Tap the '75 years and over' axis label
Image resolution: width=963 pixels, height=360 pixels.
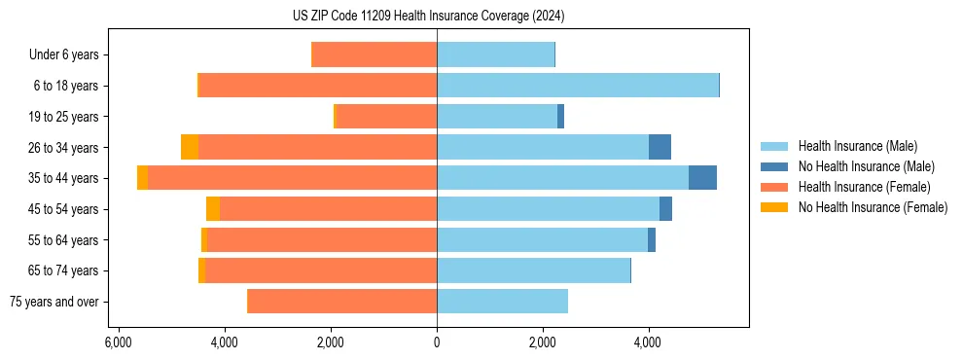(x=53, y=302)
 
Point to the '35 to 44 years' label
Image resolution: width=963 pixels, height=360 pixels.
(x=63, y=178)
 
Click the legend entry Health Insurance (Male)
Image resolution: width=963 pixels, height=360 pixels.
(x=857, y=146)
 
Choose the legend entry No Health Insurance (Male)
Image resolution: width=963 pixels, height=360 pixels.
(x=866, y=166)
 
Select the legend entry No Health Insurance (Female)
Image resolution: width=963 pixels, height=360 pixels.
(x=873, y=207)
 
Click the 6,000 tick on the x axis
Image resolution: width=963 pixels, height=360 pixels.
(x=118, y=343)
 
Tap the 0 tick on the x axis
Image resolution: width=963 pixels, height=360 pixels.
(x=437, y=343)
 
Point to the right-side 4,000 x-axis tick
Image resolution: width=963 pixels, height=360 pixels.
(x=649, y=343)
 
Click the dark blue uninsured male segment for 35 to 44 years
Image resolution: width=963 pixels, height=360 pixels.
(x=702, y=178)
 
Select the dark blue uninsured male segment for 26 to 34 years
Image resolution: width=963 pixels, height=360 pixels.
(x=660, y=147)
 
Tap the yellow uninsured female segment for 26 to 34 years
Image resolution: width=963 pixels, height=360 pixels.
(x=190, y=147)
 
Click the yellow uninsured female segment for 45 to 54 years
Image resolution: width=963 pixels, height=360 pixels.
(x=213, y=209)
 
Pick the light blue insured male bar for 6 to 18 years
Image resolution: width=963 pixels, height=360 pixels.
(x=578, y=86)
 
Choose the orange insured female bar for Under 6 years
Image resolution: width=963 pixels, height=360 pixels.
(x=374, y=55)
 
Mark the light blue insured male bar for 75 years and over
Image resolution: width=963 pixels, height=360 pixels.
(x=502, y=302)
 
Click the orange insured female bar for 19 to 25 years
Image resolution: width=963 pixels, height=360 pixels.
(x=385, y=117)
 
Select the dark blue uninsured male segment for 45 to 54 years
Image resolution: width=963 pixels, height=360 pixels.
(x=665, y=209)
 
